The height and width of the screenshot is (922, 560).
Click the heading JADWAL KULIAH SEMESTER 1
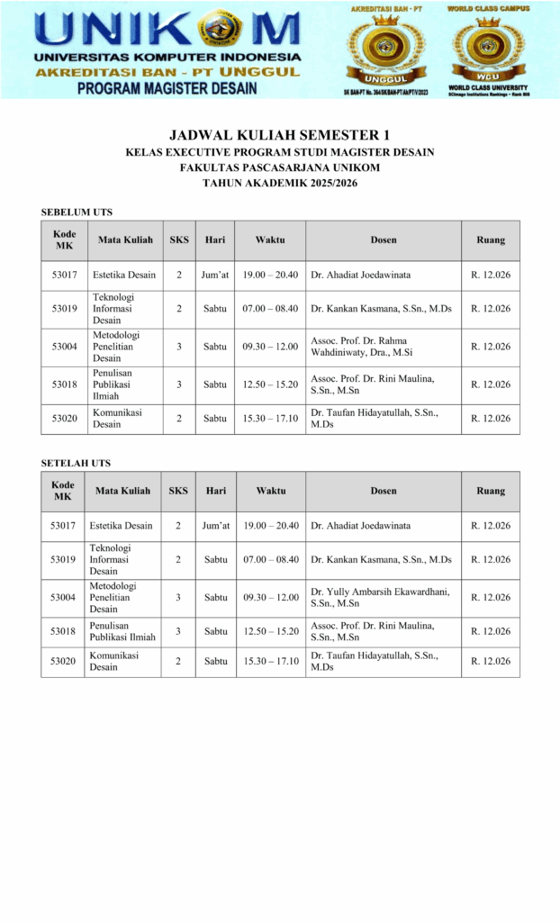(x=280, y=135)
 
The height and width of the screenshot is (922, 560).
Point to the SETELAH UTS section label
(x=76, y=463)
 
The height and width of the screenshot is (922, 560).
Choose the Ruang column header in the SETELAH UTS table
(x=491, y=492)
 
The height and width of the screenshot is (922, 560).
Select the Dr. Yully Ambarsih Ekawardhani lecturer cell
(x=379, y=598)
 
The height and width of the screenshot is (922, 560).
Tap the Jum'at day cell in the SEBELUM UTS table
(x=215, y=275)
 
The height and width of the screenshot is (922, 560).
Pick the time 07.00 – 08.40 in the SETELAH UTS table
(x=270, y=560)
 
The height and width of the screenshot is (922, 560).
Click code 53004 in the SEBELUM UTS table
(x=64, y=347)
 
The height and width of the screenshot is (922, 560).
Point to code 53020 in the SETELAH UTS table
(x=63, y=662)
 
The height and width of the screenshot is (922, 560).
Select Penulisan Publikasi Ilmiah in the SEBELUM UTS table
(x=113, y=384)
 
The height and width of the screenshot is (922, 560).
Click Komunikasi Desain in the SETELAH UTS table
(x=113, y=662)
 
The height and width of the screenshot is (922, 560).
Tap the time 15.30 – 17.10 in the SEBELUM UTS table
(x=270, y=418)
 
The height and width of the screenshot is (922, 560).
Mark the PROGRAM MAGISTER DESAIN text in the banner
(x=167, y=88)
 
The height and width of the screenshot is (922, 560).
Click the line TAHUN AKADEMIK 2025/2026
(x=280, y=183)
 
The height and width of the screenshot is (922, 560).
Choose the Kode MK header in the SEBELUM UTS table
(x=64, y=240)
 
